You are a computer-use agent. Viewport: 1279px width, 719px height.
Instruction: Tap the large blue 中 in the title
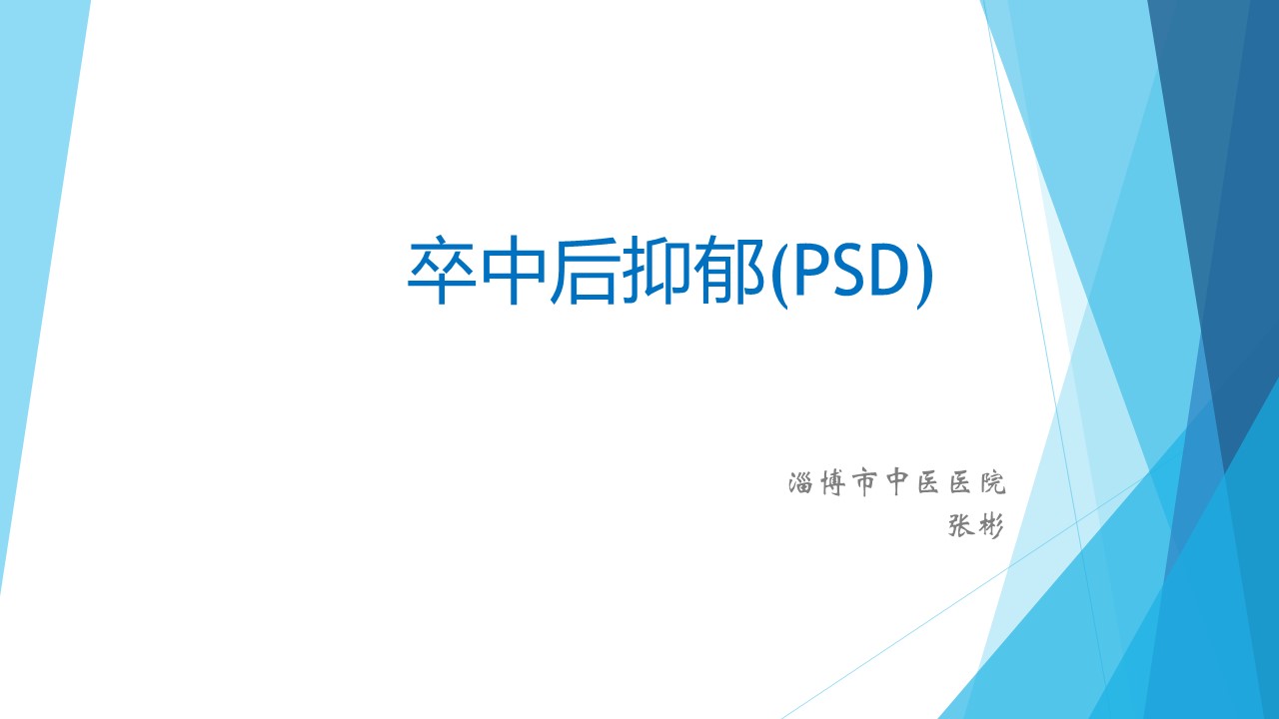pos(513,270)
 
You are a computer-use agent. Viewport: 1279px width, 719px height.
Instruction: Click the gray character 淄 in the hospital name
pos(800,482)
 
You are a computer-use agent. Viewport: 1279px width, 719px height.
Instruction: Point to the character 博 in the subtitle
pos(833,483)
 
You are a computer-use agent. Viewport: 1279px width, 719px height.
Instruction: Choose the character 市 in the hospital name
pos(864,483)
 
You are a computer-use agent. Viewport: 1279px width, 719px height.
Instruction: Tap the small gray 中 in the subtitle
pos(896,483)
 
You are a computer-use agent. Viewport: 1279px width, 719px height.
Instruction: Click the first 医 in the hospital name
pos(928,483)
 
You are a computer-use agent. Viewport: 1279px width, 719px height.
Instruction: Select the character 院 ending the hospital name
pos(993,482)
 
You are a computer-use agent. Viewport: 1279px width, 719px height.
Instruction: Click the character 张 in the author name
pos(961,525)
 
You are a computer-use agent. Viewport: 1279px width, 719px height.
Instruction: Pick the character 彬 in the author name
pos(990,526)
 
